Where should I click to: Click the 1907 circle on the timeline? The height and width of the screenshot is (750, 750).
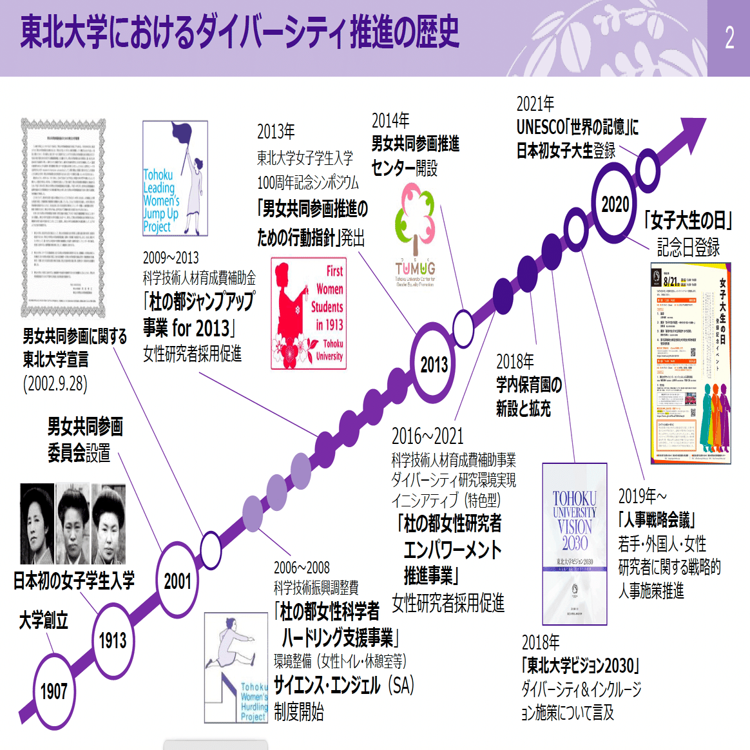[54, 692]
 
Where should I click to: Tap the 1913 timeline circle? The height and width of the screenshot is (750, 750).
[113, 640]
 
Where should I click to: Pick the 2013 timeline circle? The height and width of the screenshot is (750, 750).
[434, 365]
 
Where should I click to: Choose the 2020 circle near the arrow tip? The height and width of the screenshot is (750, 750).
[615, 205]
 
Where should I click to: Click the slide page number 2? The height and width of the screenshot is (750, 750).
[729, 38]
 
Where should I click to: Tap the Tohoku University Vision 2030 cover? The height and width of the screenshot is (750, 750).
[575, 544]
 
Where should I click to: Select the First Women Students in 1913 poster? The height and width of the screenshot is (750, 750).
[309, 314]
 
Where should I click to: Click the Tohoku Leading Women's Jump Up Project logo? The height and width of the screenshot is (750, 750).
[175, 178]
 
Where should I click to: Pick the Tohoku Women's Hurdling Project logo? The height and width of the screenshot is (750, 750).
[236, 668]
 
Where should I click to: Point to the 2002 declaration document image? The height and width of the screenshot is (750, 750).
[63, 218]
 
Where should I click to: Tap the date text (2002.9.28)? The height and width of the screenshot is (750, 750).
[55, 383]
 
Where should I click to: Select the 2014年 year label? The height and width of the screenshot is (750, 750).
[390, 120]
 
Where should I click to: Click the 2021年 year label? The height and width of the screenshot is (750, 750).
[535, 104]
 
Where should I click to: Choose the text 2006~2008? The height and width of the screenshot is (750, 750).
[302, 568]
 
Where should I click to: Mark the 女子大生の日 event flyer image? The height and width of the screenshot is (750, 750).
[690, 363]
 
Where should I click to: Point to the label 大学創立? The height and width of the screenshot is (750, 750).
[43, 620]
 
